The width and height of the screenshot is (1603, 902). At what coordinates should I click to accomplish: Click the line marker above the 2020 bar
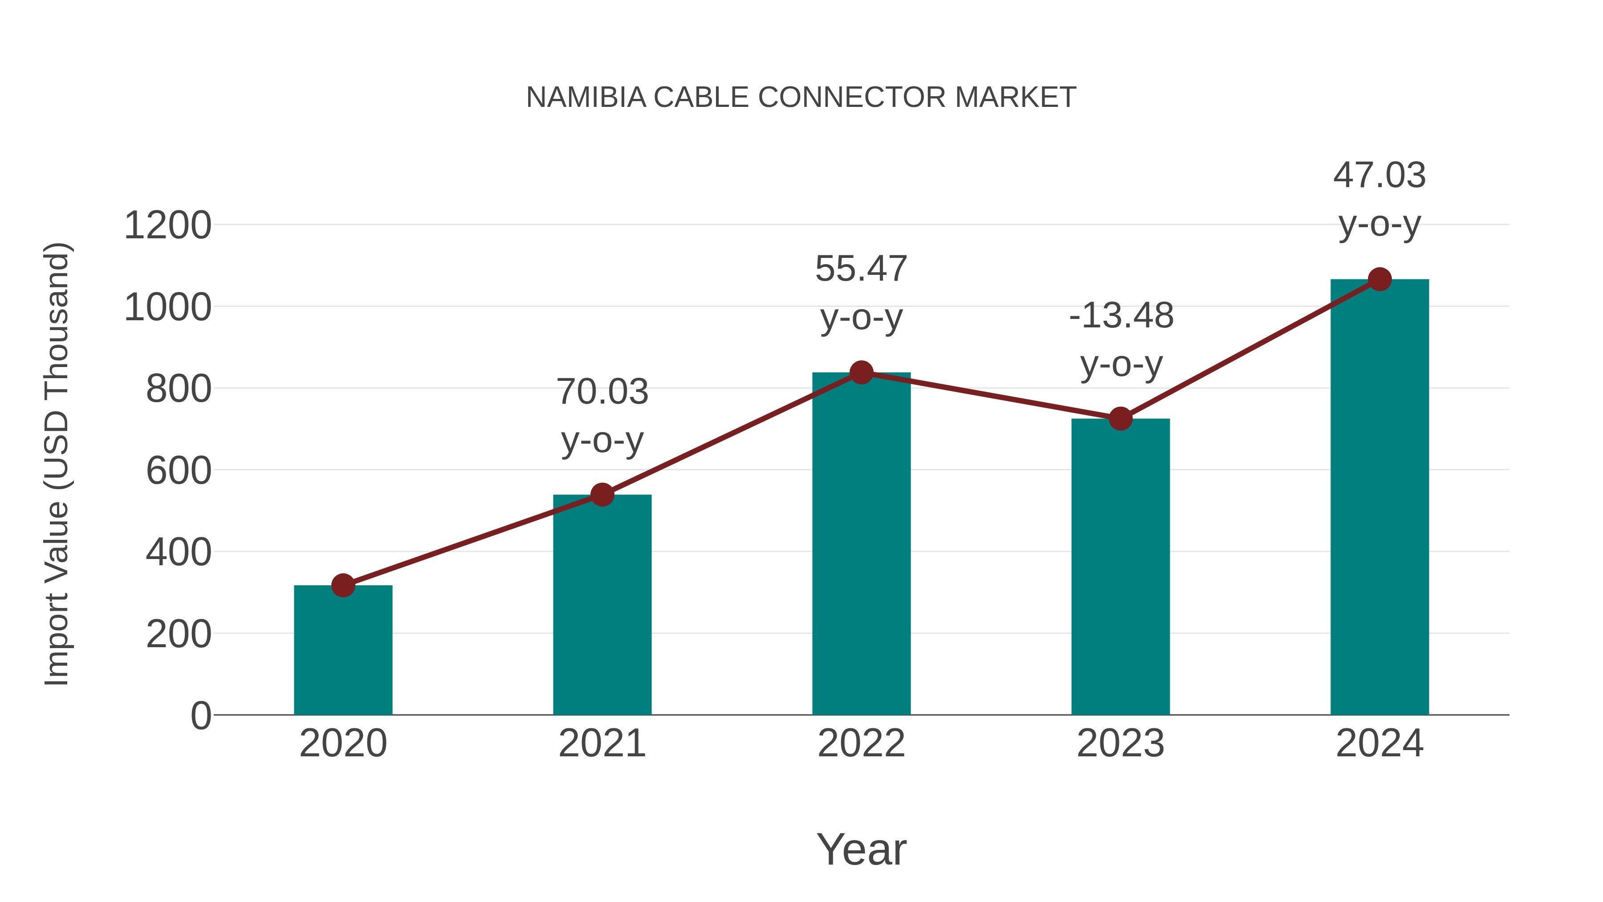(343, 585)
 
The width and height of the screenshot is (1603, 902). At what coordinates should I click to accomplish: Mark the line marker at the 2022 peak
(861, 372)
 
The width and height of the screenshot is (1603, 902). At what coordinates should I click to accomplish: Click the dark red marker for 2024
(1379, 279)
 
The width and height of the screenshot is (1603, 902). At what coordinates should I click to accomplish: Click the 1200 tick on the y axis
(167, 225)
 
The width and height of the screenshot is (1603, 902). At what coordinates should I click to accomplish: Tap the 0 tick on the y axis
(200, 715)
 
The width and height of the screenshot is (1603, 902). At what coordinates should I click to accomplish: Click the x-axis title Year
(861, 849)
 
